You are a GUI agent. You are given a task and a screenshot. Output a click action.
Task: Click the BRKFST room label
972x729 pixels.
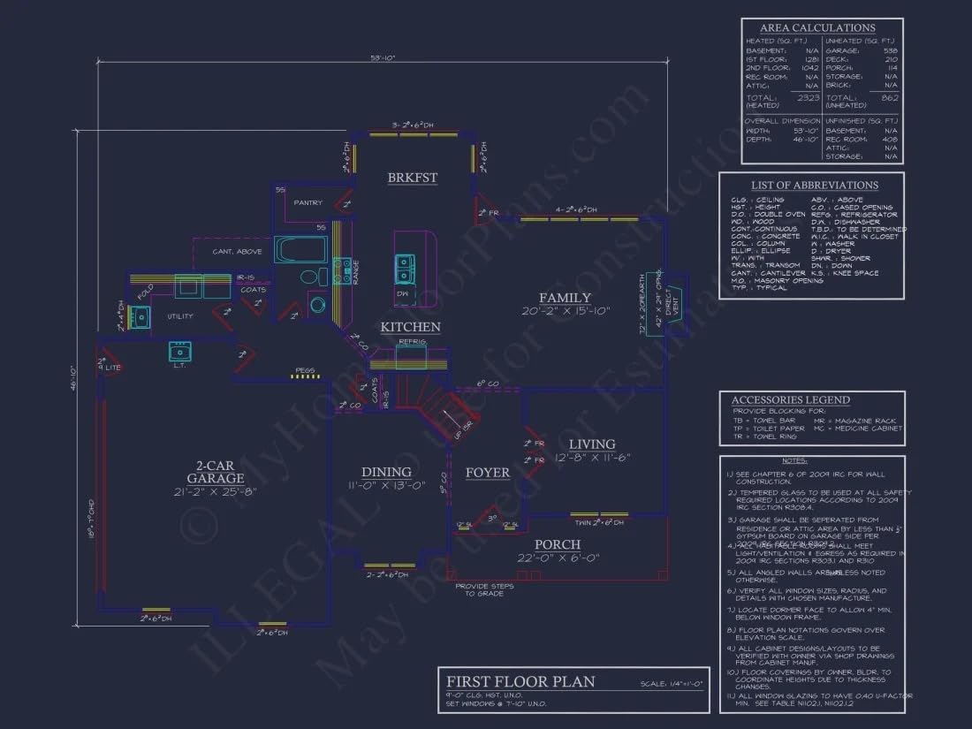(413, 178)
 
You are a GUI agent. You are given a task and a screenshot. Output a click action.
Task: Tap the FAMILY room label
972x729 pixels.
(565, 298)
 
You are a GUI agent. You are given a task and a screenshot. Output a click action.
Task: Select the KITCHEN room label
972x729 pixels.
(410, 327)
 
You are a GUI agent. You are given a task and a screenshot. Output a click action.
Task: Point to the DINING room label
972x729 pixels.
(386, 472)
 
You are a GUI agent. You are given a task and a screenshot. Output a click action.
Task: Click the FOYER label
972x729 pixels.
(488, 473)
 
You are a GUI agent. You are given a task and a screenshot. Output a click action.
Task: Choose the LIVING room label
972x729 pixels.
(592, 444)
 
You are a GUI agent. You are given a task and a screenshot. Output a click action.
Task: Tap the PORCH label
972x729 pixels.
(558, 544)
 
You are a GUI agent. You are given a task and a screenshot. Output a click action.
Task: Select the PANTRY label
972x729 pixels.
(308, 203)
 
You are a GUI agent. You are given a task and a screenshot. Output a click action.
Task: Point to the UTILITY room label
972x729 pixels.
(180, 315)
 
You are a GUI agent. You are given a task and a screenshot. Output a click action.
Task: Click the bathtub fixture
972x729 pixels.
(300, 249)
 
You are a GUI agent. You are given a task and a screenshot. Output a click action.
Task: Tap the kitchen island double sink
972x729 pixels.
(405, 263)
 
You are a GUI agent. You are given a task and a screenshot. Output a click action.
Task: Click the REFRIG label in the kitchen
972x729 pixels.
(413, 341)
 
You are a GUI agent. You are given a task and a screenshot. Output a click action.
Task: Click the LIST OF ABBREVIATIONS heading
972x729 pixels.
(814, 186)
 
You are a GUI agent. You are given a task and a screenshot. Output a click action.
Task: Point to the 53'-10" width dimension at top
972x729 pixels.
(382, 58)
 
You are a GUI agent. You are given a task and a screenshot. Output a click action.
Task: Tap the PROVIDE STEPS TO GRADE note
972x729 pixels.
(479, 589)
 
